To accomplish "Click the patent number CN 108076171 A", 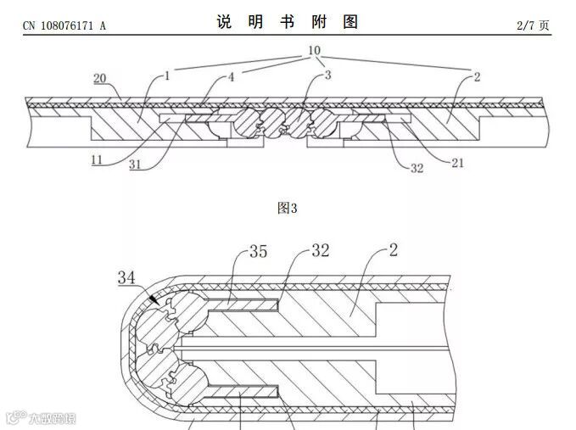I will click(x=64, y=26).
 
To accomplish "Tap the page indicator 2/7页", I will click(x=534, y=25).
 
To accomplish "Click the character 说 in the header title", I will click(x=224, y=23).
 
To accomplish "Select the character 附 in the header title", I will click(x=319, y=23).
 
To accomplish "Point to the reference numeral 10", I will click(x=313, y=51).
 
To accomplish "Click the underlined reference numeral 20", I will click(x=99, y=79).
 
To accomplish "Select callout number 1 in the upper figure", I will click(x=166, y=76).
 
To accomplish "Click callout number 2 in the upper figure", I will click(x=478, y=76).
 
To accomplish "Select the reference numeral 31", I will click(x=136, y=165).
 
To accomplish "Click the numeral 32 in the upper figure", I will click(x=417, y=168).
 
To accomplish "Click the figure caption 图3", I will click(x=288, y=208).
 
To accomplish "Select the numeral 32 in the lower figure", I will click(x=320, y=251).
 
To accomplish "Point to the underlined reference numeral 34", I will click(x=126, y=276).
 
